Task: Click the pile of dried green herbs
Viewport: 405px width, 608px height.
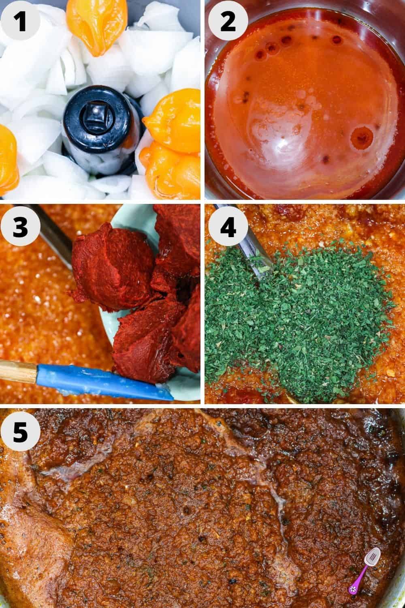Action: tap(300, 312)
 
